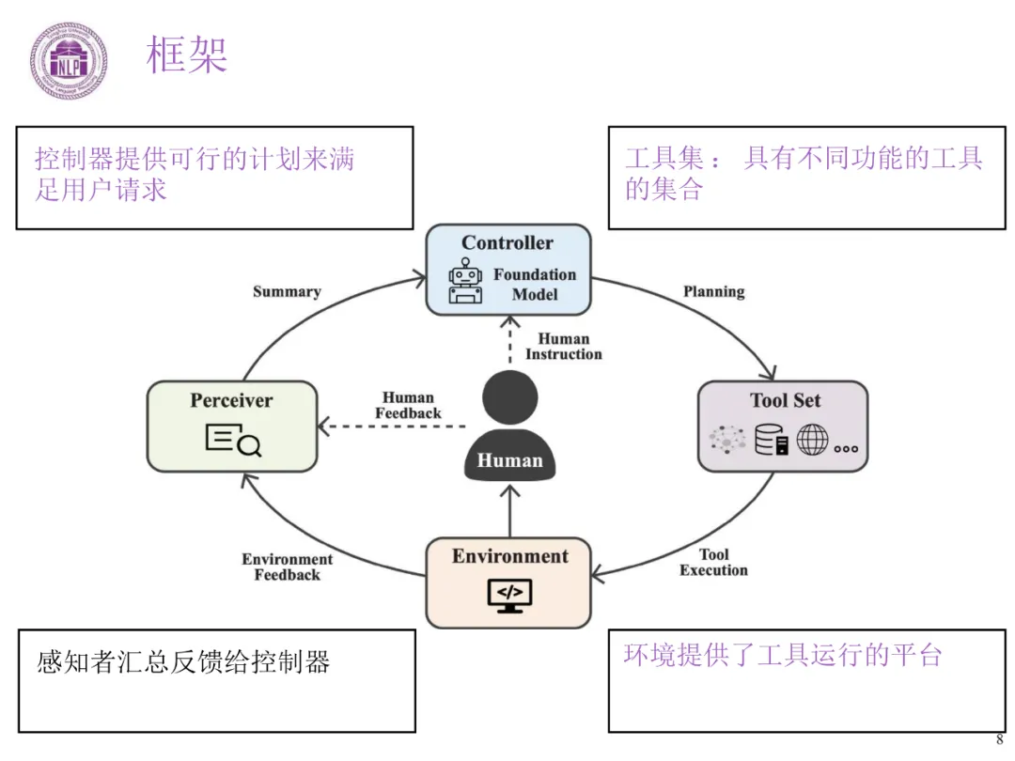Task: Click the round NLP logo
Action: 69,61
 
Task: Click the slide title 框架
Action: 187,54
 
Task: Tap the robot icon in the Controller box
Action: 465,282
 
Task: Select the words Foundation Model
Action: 535,285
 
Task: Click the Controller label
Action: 507,242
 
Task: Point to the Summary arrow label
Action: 287,292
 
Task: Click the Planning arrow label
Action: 714,292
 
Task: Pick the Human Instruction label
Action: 564,346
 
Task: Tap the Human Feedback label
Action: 409,405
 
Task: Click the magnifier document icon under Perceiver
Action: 233,440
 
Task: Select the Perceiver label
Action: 231,400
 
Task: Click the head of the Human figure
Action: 510,397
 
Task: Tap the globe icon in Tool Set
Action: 812,440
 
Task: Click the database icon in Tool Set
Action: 772,440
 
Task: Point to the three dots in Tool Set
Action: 846,448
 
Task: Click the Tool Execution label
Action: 713,563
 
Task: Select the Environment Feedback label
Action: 288,567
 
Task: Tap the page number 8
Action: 999,739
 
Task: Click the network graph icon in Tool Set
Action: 727,440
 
